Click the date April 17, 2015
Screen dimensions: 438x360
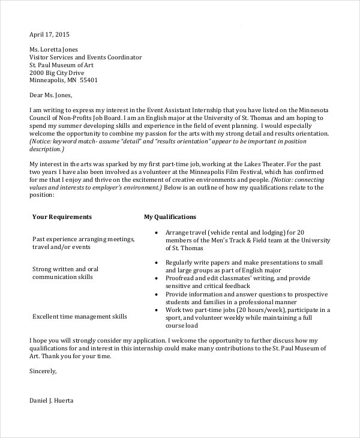point(50,34)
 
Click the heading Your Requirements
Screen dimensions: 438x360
point(62,217)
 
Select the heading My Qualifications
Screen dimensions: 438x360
point(170,217)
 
